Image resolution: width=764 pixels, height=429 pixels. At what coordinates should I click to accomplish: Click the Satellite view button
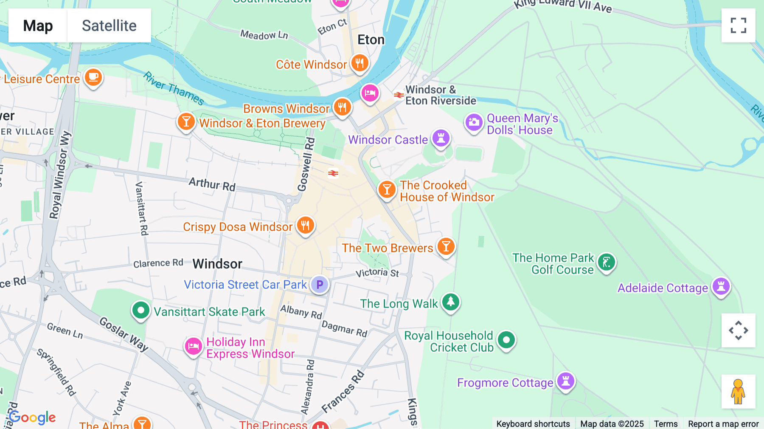pyautogui.click(x=109, y=25)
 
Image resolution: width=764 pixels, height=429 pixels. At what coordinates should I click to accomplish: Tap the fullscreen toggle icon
pyautogui.click(x=738, y=25)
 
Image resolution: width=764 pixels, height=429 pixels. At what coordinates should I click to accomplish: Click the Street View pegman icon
pyautogui.click(x=738, y=391)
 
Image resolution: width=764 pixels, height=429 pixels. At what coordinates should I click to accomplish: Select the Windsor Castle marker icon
pyautogui.click(x=441, y=138)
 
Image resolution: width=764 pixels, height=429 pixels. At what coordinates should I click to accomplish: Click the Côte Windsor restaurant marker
pyautogui.click(x=360, y=63)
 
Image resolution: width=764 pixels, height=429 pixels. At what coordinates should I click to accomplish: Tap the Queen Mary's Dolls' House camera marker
pyautogui.click(x=474, y=122)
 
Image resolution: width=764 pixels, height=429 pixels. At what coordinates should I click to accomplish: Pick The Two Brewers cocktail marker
pyautogui.click(x=446, y=246)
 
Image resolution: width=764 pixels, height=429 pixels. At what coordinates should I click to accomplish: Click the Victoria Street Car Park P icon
pyautogui.click(x=320, y=284)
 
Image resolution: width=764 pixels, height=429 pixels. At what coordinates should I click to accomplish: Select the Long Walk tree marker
pyautogui.click(x=450, y=302)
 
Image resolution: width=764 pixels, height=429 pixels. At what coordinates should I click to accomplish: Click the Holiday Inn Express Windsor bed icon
pyautogui.click(x=193, y=346)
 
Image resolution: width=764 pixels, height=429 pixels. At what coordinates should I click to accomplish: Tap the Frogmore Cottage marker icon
pyautogui.click(x=565, y=381)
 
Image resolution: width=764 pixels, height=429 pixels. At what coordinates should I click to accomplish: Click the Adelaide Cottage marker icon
pyautogui.click(x=721, y=287)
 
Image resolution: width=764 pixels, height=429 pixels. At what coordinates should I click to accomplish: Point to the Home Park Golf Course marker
pyautogui.click(x=606, y=262)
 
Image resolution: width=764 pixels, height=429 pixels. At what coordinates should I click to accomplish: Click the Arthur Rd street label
pyautogui.click(x=212, y=184)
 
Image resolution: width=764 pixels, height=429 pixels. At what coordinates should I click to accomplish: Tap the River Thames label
pyautogui.click(x=174, y=88)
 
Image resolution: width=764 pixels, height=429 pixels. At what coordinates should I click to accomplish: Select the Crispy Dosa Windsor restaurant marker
pyautogui.click(x=305, y=225)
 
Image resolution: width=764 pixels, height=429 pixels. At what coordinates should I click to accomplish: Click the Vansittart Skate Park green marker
pyautogui.click(x=140, y=310)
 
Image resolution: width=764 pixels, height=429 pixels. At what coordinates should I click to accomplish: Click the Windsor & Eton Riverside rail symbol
pyautogui.click(x=398, y=95)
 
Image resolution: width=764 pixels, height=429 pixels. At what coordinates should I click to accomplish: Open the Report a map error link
pyautogui.click(x=723, y=423)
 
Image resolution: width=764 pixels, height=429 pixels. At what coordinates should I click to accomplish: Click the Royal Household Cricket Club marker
pyautogui.click(x=506, y=340)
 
